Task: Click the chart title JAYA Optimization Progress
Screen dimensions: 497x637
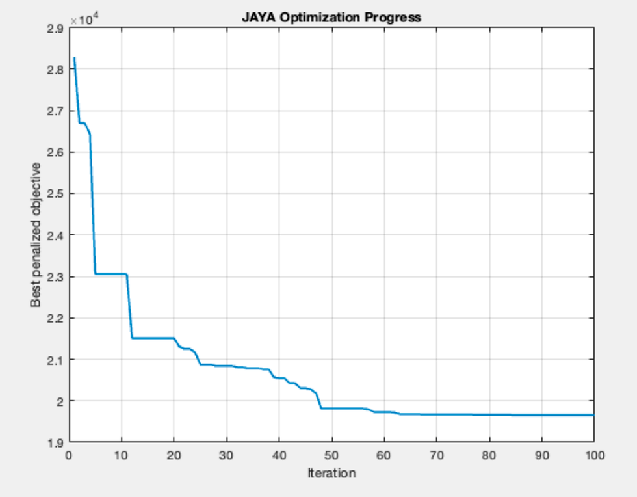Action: point(331,18)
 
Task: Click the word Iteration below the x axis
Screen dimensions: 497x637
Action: point(331,473)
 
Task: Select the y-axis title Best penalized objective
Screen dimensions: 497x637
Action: point(36,235)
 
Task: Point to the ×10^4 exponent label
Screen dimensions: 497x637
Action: point(83,20)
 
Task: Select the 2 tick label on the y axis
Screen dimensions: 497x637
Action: point(59,401)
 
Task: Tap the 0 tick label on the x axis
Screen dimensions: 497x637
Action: point(69,455)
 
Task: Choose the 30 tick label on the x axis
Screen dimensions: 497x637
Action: point(226,455)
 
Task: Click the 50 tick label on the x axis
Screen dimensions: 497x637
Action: point(331,455)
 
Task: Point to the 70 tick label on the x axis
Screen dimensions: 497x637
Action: point(436,455)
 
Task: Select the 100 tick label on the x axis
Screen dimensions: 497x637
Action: point(593,455)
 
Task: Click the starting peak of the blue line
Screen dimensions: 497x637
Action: point(74,58)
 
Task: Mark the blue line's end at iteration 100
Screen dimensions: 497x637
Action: point(593,415)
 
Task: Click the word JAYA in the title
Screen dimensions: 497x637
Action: point(256,18)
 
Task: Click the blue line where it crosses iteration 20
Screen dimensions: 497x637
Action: point(174,338)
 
